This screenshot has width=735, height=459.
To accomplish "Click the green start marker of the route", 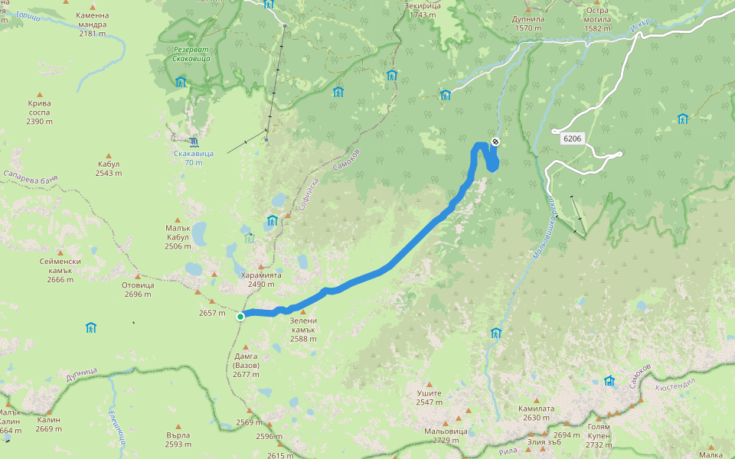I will click(x=240, y=316).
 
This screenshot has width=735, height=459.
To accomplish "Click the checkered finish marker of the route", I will click(x=495, y=142).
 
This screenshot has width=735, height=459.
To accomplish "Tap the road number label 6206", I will click(x=572, y=138).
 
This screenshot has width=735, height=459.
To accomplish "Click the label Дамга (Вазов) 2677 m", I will click(x=247, y=365).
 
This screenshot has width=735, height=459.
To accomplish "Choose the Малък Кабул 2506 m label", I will click(x=178, y=236).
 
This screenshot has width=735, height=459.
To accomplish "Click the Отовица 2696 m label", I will click(x=138, y=289).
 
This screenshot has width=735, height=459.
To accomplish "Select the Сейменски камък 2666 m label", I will click(x=60, y=270).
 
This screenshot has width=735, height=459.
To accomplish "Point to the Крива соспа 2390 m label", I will click(x=39, y=112).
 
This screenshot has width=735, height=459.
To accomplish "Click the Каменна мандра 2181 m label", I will click(x=92, y=24).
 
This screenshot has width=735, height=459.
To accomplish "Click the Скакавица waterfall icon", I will click(x=194, y=142).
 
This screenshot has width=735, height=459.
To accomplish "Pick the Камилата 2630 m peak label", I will click(x=535, y=412).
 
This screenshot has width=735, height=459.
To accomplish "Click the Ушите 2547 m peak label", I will click(x=430, y=397).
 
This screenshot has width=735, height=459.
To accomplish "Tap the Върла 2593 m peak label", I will click(x=178, y=439).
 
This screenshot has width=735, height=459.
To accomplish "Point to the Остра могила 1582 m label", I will click(x=597, y=20).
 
